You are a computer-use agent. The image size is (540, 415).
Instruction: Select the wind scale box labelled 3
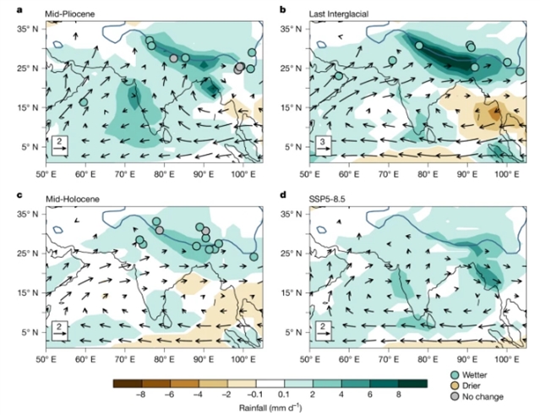323,145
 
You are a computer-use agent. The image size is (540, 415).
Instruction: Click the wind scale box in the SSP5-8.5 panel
323,329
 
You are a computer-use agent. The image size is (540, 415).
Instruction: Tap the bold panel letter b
282,8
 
